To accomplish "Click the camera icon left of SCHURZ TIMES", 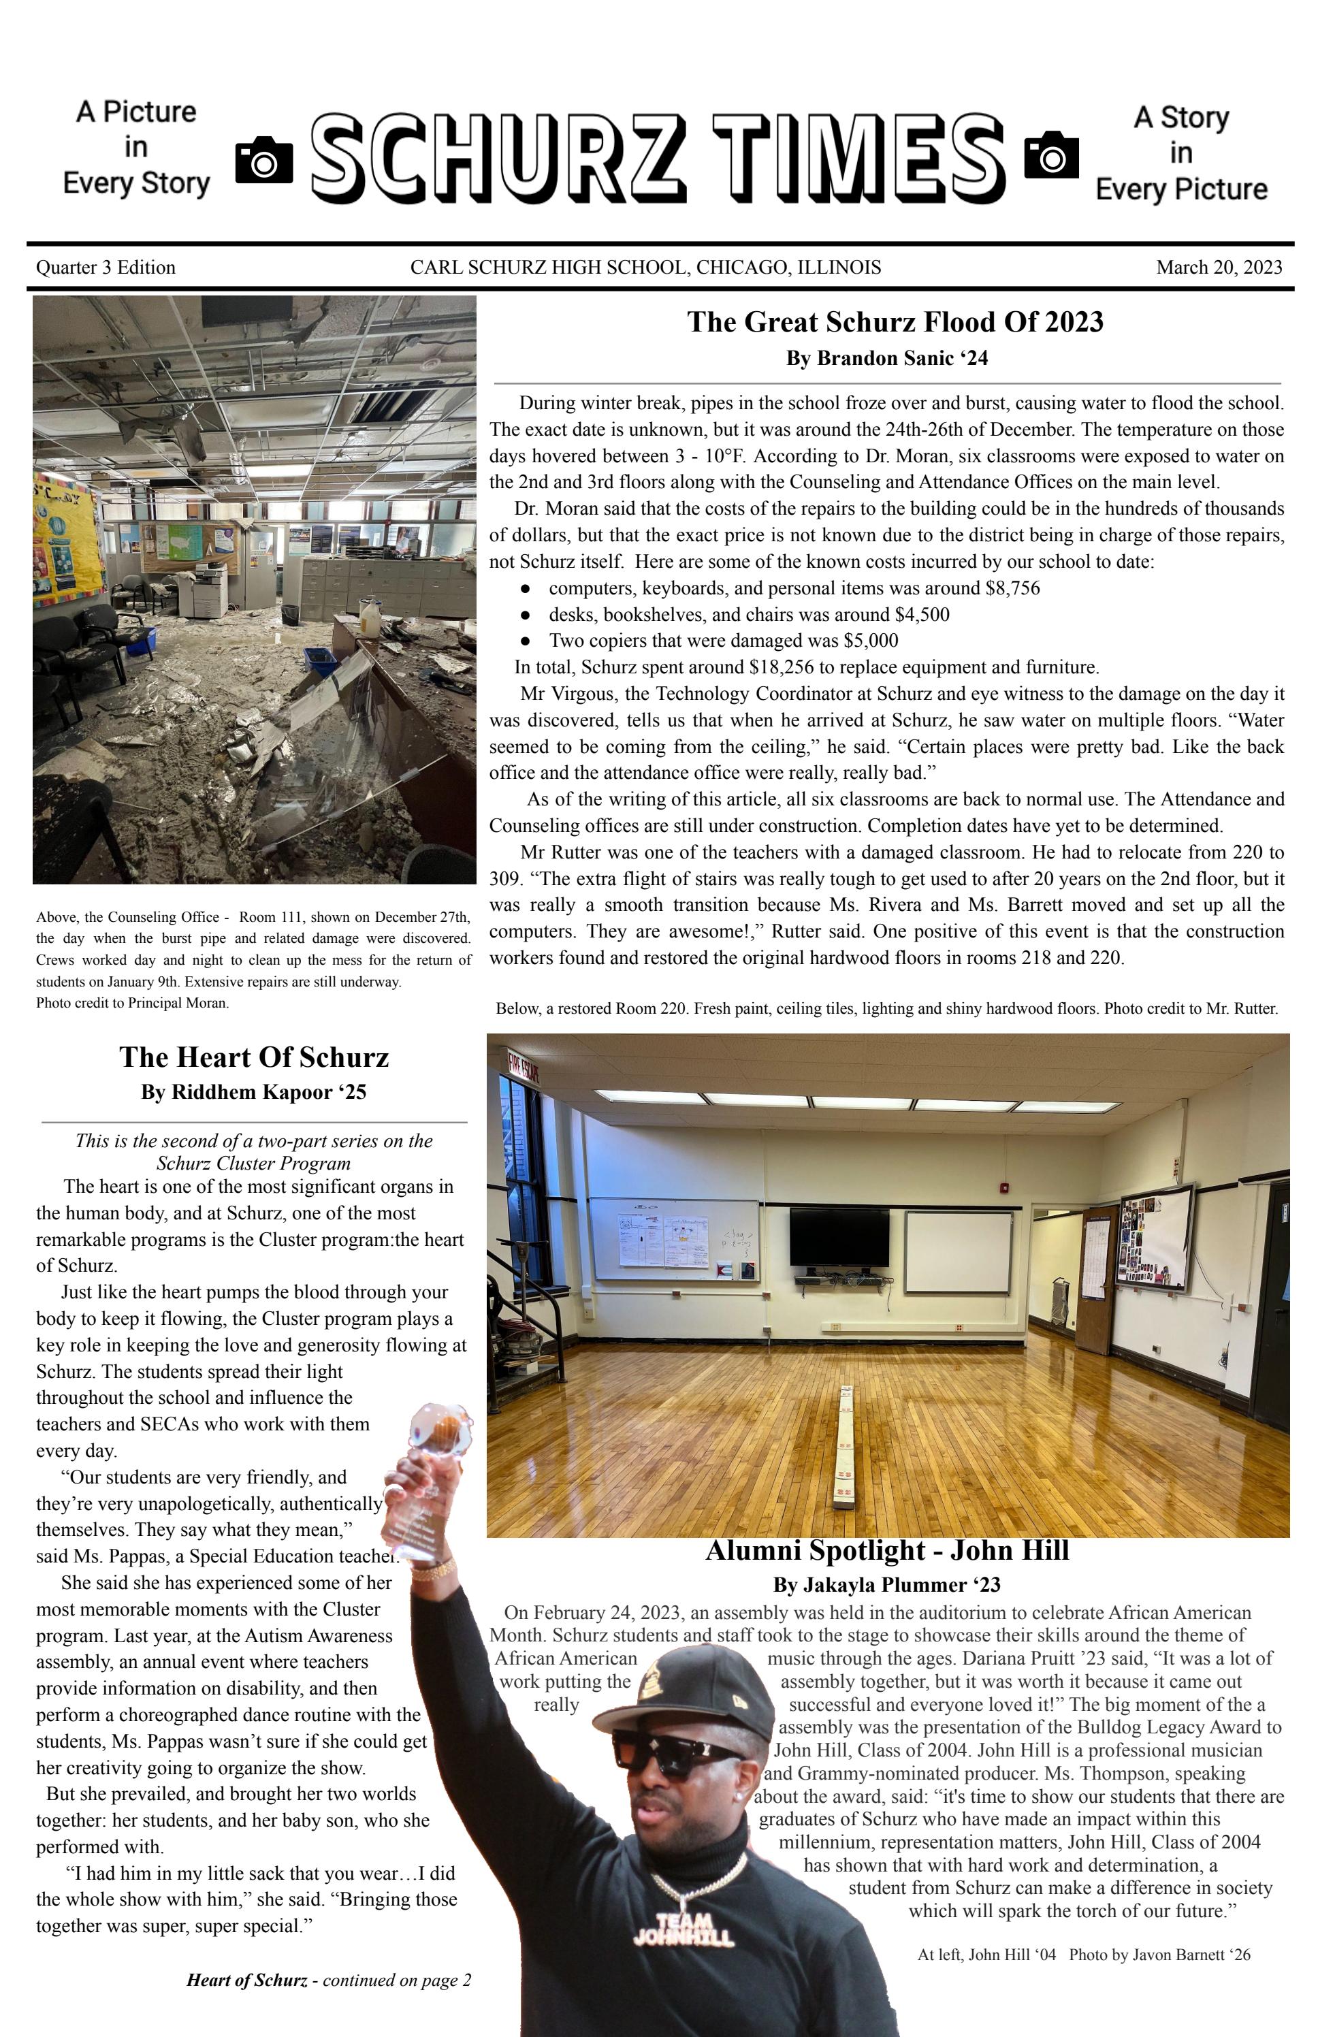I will (x=263, y=159).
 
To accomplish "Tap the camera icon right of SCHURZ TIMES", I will (x=1051, y=155).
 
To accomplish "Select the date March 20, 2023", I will (x=1219, y=267).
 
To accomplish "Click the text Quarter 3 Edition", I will (x=106, y=267).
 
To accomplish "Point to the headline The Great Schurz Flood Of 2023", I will (x=895, y=322).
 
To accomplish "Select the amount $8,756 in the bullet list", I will (x=1011, y=588).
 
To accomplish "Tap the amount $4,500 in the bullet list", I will (x=922, y=615).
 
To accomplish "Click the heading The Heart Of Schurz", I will (x=253, y=1057).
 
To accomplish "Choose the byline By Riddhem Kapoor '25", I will (x=253, y=1092).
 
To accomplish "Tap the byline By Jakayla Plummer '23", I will (x=886, y=1585).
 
